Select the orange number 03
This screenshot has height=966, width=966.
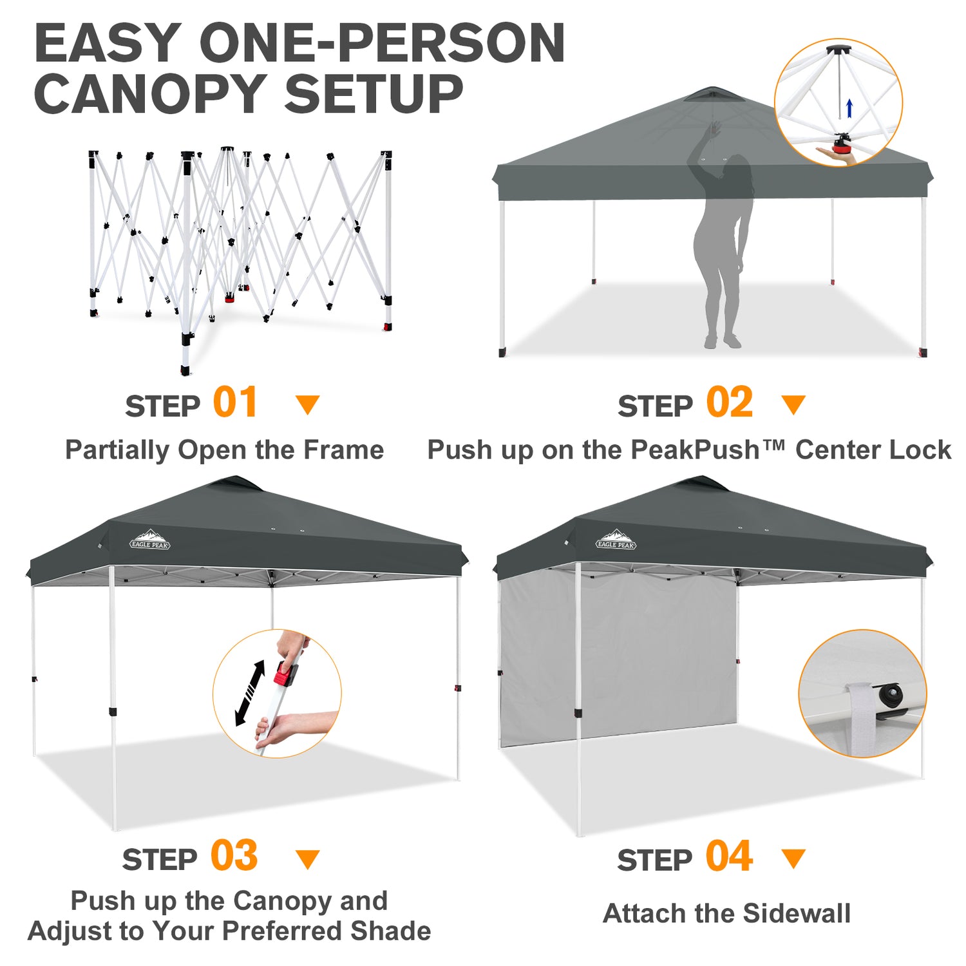[x=234, y=856]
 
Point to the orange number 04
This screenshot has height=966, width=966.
[x=729, y=856]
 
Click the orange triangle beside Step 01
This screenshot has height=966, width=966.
[x=308, y=404]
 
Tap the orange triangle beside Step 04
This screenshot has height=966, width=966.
[x=793, y=858]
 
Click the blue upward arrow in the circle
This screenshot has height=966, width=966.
[x=849, y=108]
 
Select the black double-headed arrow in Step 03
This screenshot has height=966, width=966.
[x=251, y=692]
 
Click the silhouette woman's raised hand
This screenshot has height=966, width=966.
[x=714, y=131]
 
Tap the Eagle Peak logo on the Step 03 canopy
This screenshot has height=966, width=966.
[x=150, y=540]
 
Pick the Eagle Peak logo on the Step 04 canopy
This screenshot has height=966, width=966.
[x=616, y=540]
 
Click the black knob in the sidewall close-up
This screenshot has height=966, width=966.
[x=891, y=694]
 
